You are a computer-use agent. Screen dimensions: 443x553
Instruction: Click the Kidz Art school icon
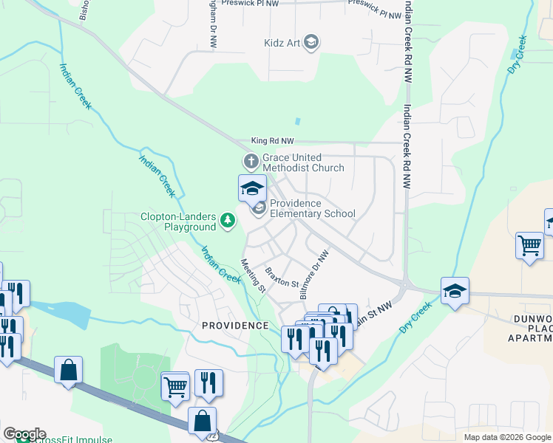(x=311, y=42)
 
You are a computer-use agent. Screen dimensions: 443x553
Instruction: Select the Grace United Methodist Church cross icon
(x=251, y=160)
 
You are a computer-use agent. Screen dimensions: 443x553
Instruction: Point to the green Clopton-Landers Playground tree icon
(x=228, y=219)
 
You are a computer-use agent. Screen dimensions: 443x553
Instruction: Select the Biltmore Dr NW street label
(x=314, y=273)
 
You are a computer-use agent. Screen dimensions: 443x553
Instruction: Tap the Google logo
(x=24, y=434)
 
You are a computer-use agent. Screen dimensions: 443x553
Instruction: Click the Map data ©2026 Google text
(x=506, y=437)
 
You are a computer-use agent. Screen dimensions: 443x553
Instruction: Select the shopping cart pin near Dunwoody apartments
(x=529, y=244)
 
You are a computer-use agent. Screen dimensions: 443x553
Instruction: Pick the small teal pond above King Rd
(x=297, y=121)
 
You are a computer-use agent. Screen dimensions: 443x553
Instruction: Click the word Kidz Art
(x=282, y=43)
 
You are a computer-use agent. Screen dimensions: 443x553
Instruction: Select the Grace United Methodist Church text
(x=303, y=162)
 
